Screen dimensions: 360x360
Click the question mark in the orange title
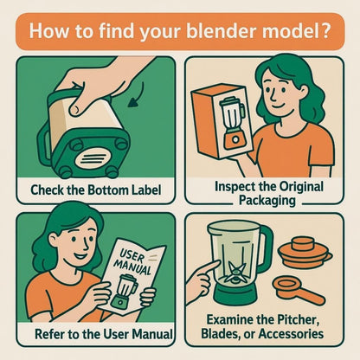pyautogui.click(x=323, y=30)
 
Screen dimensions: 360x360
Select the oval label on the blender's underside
pyautogui.click(x=92, y=158)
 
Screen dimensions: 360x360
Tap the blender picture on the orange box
pyautogui.click(x=233, y=123)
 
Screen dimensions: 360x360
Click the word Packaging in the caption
pyautogui.click(x=267, y=200)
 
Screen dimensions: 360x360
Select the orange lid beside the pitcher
pyautogui.click(x=305, y=253)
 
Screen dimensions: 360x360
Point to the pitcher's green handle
pyautogui.click(x=267, y=249)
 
